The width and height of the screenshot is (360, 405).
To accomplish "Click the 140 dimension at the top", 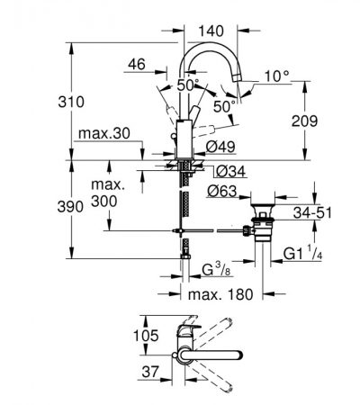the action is (211, 31).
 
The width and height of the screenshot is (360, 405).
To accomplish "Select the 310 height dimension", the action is (71, 102).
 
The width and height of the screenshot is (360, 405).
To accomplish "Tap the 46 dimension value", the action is (137, 64).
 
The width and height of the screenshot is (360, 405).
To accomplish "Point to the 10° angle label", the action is (276, 76).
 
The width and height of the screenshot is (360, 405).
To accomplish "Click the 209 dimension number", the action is (304, 121).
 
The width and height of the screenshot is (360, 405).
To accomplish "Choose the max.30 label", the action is (104, 133).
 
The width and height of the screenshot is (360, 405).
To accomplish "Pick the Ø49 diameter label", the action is (220, 147).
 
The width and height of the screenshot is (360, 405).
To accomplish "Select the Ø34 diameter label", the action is (230, 172).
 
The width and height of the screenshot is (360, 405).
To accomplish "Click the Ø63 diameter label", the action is (221, 191).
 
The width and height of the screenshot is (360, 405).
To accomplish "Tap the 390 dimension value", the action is (70, 207).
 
